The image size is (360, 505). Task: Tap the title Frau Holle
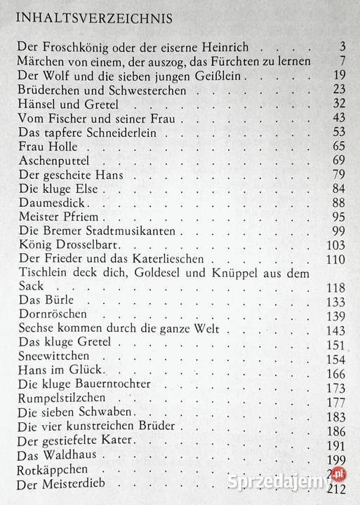(44, 147)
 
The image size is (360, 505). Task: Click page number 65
(339, 147)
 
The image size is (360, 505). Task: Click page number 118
(335, 288)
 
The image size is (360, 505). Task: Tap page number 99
(339, 231)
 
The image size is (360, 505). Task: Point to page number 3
(342, 48)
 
